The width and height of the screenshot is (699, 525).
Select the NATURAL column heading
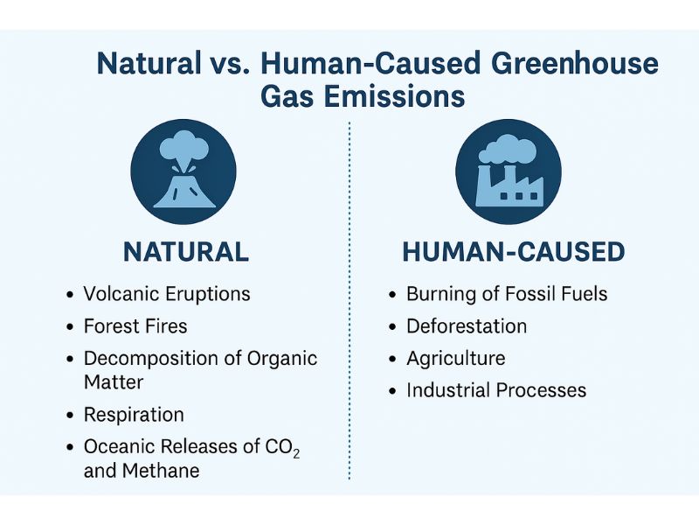(x=186, y=252)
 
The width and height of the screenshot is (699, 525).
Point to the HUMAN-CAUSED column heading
(x=513, y=252)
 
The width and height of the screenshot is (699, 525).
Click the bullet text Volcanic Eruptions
(x=167, y=294)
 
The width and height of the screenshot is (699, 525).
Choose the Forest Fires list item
(x=135, y=326)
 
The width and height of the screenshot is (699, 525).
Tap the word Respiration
(x=134, y=415)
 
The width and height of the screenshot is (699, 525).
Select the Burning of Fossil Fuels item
(x=507, y=294)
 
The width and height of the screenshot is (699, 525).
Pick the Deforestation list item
(x=467, y=326)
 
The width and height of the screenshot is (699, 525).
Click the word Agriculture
(x=455, y=358)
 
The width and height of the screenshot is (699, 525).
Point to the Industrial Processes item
(x=496, y=389)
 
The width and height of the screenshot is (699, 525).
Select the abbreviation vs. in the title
(x=237, y=64)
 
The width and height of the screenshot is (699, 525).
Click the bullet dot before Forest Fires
(x=70, y=327)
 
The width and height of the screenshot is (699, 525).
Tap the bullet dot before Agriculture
(x=393, y=359)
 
